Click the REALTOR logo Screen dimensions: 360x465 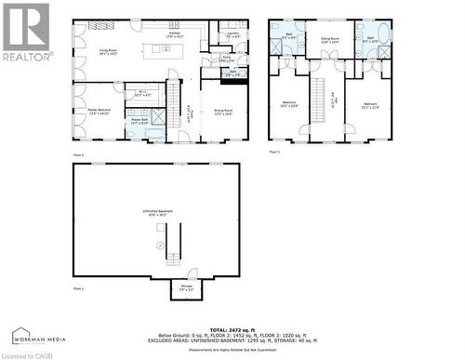click(26, 32)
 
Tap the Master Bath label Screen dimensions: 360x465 click(139, 121)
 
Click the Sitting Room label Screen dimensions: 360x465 click(331, 40)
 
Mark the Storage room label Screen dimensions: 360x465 click(186, 287)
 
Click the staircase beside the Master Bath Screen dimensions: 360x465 click(172, 94)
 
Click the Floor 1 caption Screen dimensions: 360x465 click(78, 289)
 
